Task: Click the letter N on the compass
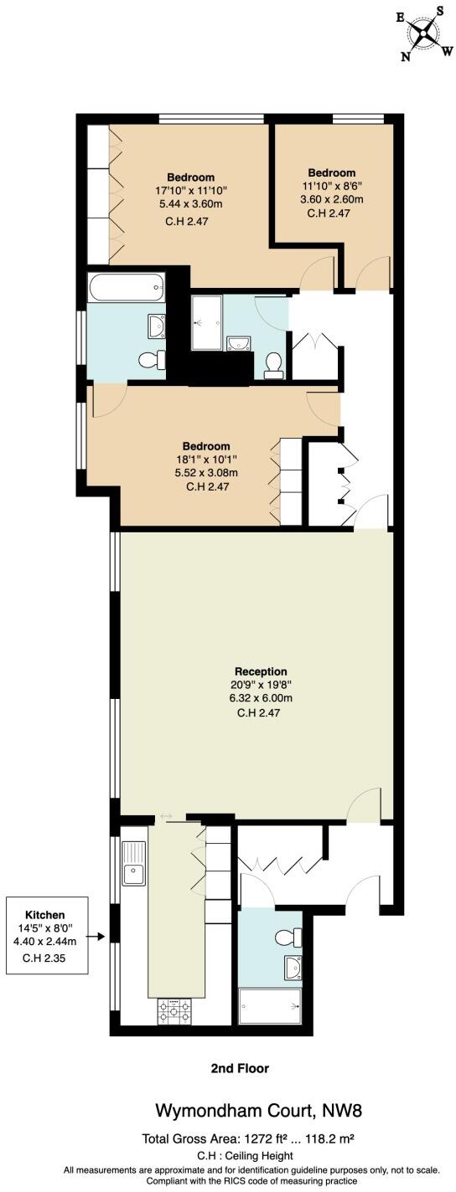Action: click(406, 56)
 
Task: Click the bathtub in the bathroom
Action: click(125, 288)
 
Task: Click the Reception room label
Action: click(261, 670)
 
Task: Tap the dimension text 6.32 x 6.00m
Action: click(261, 697)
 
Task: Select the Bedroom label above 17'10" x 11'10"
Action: click(190, 177)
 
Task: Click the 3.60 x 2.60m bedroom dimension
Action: click(331, 199)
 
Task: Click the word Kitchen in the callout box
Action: click(44, 914)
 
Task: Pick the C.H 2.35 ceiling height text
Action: click(44, 958)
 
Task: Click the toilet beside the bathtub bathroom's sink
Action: click(150, 360)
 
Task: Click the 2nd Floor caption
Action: click(240, 1068)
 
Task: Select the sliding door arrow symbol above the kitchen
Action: click(166, 816)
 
